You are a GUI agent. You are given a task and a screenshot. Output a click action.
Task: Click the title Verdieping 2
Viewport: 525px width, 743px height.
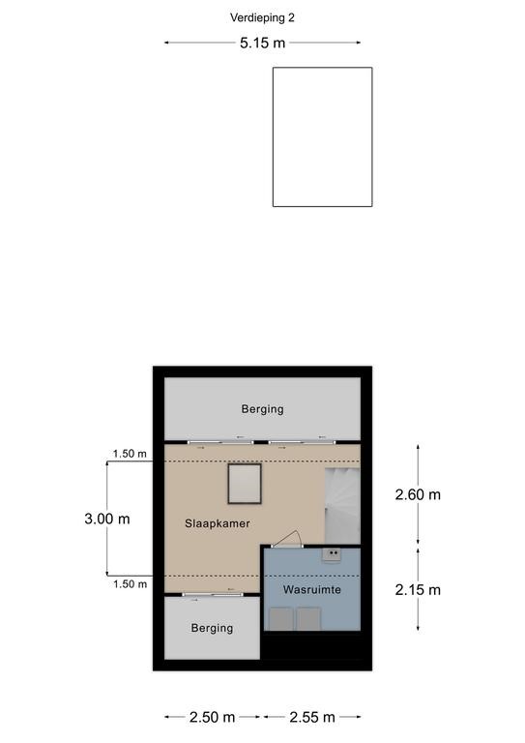[262, 18]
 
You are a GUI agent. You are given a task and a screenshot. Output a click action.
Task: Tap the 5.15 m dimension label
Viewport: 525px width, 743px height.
[262, 44]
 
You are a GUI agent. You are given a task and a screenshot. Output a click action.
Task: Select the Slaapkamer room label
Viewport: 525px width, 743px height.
[218, 523]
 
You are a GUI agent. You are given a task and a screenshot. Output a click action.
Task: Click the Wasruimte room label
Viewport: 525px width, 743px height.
[312, 589]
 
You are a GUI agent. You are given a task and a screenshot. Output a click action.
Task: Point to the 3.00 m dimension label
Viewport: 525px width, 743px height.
[107, 519]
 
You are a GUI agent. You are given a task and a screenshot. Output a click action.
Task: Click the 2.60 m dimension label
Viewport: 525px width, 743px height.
[418, 494]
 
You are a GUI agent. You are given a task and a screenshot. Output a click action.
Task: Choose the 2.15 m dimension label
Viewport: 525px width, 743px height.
[418, 590]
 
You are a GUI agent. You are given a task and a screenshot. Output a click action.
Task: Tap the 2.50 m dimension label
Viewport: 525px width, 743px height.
[212, 718]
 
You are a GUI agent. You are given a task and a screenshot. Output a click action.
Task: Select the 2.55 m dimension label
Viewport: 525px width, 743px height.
[312, 718]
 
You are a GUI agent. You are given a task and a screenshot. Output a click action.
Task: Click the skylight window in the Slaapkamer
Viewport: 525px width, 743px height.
[245, 484]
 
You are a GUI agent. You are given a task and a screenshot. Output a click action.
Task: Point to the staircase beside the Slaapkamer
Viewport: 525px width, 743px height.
[342, 506]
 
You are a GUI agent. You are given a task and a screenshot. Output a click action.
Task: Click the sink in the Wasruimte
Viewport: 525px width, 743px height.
[332, 554]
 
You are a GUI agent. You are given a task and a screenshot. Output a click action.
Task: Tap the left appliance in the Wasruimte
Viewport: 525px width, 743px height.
[280, 619]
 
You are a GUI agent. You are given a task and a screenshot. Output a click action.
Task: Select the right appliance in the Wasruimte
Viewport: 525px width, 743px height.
[309, 619]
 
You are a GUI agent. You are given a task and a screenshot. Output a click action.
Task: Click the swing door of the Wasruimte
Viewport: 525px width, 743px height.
[287, 540]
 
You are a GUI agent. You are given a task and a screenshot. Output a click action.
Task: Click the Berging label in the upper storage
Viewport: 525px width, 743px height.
[263, 409]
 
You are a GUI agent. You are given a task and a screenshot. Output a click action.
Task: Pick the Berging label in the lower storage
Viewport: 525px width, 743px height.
[212, 628]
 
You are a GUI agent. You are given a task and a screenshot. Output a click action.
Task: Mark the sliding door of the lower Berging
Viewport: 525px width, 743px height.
[213, 595]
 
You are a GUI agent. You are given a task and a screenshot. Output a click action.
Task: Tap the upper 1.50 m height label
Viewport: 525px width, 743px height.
[130, 454]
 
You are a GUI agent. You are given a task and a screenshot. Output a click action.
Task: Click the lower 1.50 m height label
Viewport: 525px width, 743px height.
[130, 584]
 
